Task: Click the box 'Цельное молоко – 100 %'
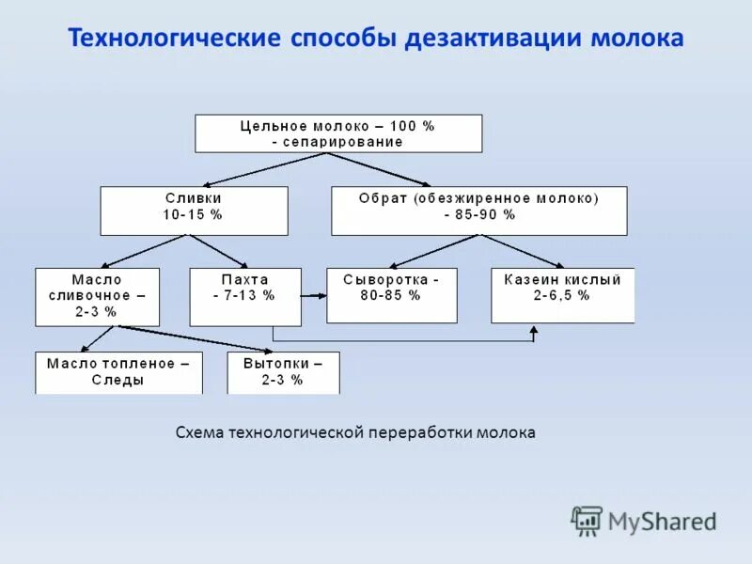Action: click(x=338, y=133)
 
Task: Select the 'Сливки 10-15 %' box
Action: click(x=194, y=210)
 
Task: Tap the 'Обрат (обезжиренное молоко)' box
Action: click(x=478, y=210)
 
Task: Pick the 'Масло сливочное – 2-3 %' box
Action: click(x=97, y=296)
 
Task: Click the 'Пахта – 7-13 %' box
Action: click(x=245, y=296)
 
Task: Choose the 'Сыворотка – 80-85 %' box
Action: click(x=391, y=295)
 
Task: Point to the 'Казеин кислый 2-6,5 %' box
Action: click(x=562, y=295)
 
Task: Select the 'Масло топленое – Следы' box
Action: click(x=118, y=372)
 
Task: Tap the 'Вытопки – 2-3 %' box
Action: click(x=283, y=372)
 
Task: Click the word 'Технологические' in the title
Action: click(x=176, y=39)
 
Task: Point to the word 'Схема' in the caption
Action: click(x=196, y=432)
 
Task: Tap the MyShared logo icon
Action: click(x=587, y=520)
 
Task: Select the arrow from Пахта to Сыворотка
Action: click(x=314, y=296)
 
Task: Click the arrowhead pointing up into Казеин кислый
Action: click(x=534, y=330)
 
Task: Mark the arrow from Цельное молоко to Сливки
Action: click(x=255, y=169)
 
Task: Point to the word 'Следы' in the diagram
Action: click(x=118, y=381)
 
